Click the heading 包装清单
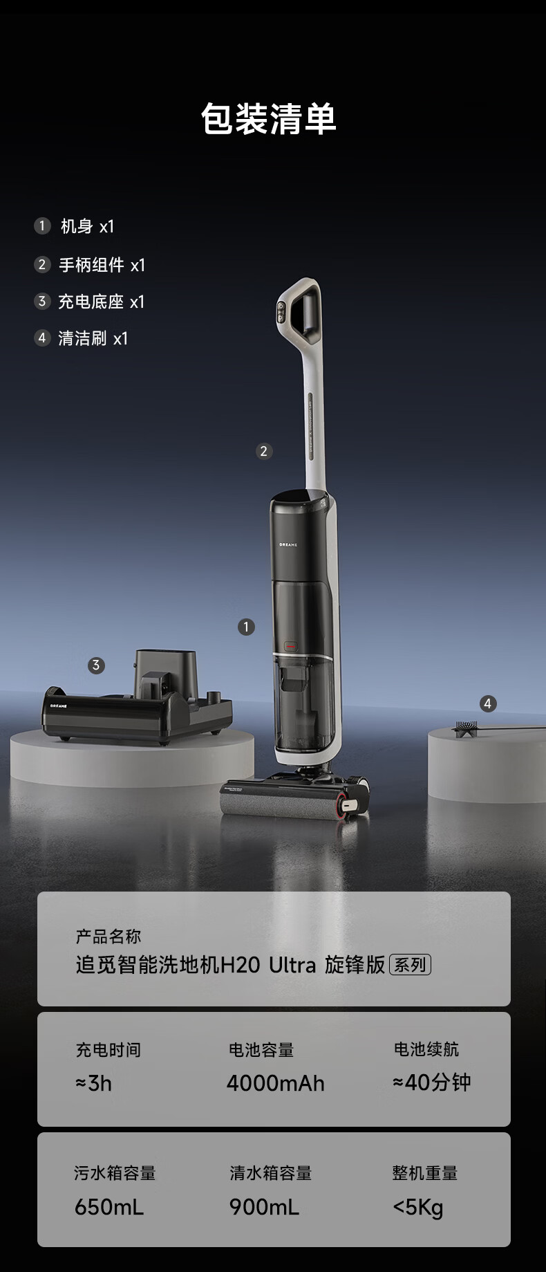(x=269, y=118)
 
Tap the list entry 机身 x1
(x=87, y=226)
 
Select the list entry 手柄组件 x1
(x=102, y=265)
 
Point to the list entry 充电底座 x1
(x=101, y=302)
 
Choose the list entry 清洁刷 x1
(x=93, y=338)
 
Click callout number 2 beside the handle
(x=263, y=451)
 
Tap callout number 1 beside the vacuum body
(x=246, y=627)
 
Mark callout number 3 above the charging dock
(x=96, y=665)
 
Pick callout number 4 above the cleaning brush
(x=488, y=703)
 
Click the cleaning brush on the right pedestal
(x=498, y=728)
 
